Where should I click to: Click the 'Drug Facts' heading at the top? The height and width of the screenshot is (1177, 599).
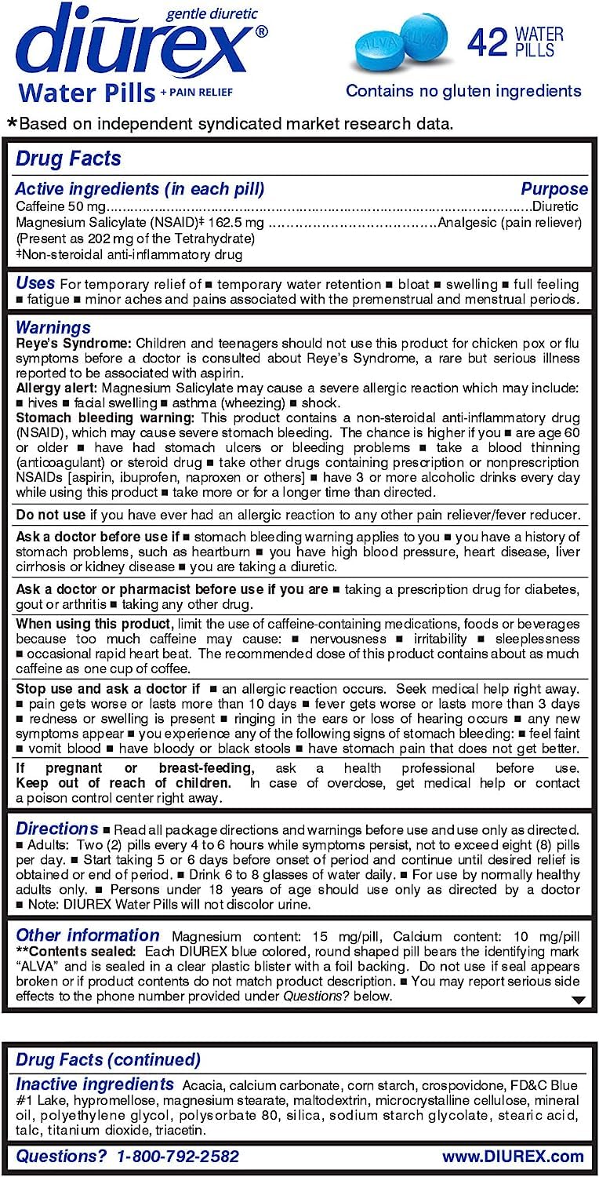(68, 159)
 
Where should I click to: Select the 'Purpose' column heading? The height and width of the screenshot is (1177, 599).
(554, 189)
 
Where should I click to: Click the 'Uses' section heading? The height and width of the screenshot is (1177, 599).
(35, 283)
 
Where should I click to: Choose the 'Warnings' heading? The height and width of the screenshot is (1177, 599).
(53, 327)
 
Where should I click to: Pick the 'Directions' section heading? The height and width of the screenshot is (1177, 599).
(57, 829)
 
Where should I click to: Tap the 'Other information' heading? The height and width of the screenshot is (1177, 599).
(87, 935)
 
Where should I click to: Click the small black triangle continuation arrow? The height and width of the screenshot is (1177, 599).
(579, 1000)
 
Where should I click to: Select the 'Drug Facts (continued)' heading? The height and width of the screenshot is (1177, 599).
(108, 1059)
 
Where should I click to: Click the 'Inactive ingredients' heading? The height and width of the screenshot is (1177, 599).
(95, 1084)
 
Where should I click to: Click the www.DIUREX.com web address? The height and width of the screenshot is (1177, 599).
(513, 1156)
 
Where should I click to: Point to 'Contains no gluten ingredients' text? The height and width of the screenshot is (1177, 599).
(463, 91)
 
